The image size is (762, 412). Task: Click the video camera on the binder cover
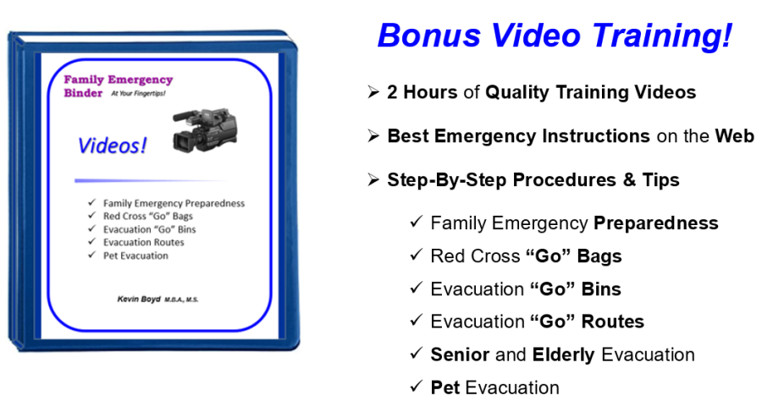[x=205, y=129]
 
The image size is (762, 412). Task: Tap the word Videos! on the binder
[x=112, y=146]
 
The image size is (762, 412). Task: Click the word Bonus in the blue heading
[x=429, y=36]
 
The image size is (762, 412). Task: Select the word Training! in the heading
[x=662, y=36]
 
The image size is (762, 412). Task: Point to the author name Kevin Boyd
[x=139, y=299]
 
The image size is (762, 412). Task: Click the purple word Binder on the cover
[x=83, y=93]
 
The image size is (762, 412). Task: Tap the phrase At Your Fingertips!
[x=138, y=93]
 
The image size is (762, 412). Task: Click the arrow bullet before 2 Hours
[x=373, y=92]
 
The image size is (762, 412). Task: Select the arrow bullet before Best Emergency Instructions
[x=373, y=135]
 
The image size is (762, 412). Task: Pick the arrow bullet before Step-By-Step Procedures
[x=373, y=179]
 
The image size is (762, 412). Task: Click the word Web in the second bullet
[x=734, y=136]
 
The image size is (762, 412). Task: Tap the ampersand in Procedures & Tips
[x=629, y=179]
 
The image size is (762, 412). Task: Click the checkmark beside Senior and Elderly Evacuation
[x=417, y=354]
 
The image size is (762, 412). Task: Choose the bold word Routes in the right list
[x=613, y=321]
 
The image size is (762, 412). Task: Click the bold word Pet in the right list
[x=445, y=387]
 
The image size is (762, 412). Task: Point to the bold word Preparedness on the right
[x=656, y=223]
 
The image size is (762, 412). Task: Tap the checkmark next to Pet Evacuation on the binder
[x=91, y=255]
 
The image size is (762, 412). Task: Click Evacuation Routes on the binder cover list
[x=143, y=242]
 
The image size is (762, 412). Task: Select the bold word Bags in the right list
[x=599, y=256]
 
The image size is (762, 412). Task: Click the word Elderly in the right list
[x=563, y=355]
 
